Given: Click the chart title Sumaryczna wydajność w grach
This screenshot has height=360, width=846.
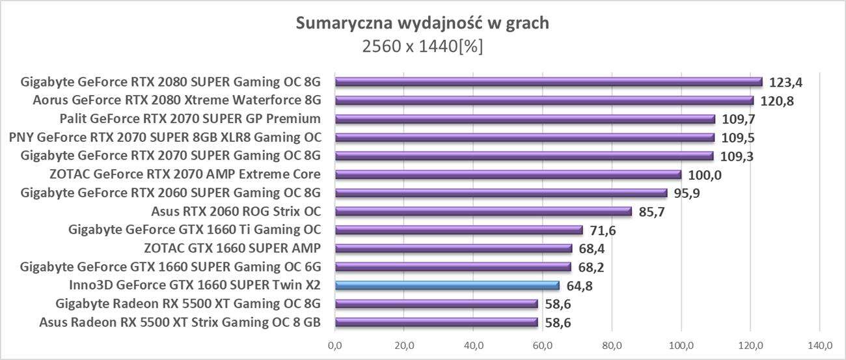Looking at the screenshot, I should [x=422, y=23].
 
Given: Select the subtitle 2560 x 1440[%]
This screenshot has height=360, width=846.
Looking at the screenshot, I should [x=422, y=47].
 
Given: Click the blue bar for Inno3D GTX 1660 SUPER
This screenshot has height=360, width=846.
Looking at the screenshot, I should [x=447, y=285].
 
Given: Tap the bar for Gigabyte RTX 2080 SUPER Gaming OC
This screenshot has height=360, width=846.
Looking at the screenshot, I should [x=549, y=82].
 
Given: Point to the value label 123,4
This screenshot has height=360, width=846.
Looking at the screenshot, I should [x=785, y=83].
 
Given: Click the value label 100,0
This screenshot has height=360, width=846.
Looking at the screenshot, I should [x=705, y=175].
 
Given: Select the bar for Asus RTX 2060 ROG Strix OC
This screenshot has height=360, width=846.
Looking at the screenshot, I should [x=484, y=211].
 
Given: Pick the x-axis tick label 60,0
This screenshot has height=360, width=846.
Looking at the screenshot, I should [x=543, y=344].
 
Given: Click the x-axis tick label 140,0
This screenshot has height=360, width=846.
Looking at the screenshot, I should [x=819, y=344].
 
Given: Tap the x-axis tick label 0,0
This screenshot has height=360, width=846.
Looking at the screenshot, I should [x=335, y=344].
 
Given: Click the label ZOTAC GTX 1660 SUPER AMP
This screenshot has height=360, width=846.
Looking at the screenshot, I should [x=232, y=248].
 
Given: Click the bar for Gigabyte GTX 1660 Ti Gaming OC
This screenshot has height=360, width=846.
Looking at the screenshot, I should [x=459, y=230].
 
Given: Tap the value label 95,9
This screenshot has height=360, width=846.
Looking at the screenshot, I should [x=690, y=193].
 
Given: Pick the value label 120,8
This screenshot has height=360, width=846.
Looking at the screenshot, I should [x=777, y=102].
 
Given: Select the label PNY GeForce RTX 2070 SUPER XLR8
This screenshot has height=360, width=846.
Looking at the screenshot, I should [x=165, y=137].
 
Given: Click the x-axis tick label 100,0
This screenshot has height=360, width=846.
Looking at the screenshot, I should [x=681, y=344].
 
